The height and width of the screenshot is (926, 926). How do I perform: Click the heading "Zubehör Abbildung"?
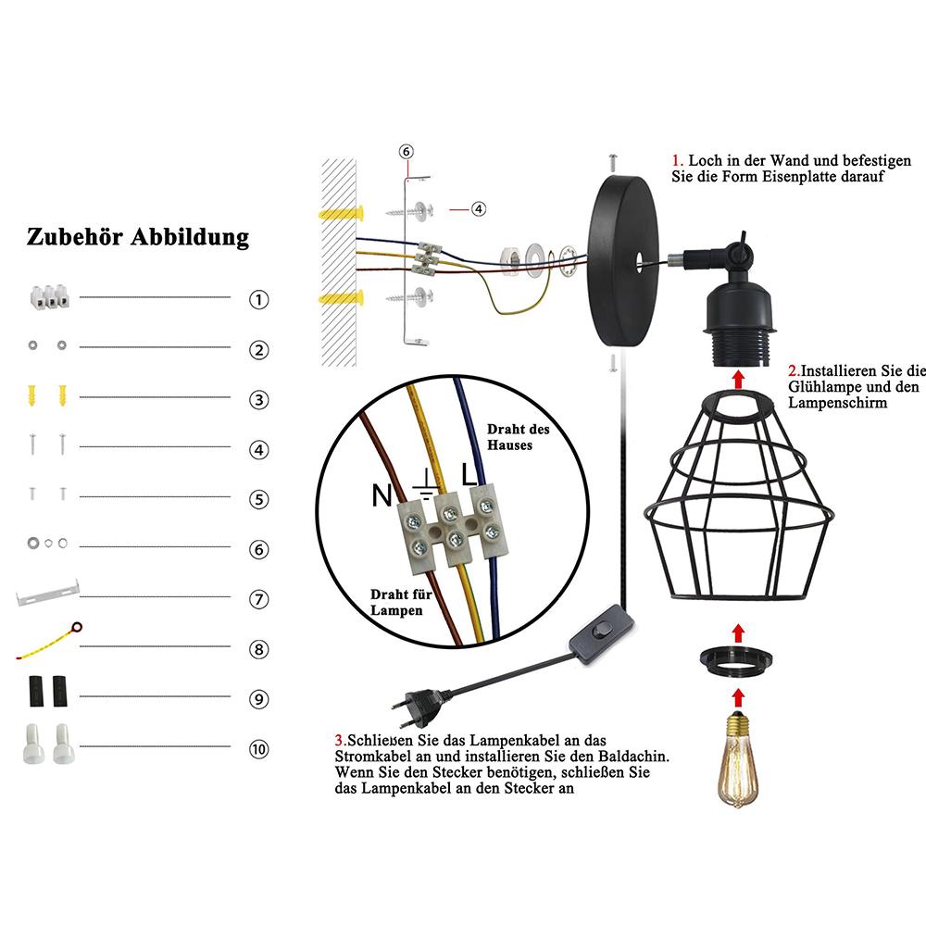[x=138, y=236]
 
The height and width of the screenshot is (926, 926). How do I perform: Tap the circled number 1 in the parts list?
[x=259, y=300]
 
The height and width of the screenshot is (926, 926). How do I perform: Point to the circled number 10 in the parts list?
[x=259, y=748]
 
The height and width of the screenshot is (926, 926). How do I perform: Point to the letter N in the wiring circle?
[x=382, y=496]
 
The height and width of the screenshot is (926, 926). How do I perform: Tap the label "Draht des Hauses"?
[x=518, y=437]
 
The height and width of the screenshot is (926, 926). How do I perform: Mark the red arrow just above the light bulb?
[x=737, y=697]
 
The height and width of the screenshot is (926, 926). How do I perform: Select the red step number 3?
[x=339, y=740]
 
